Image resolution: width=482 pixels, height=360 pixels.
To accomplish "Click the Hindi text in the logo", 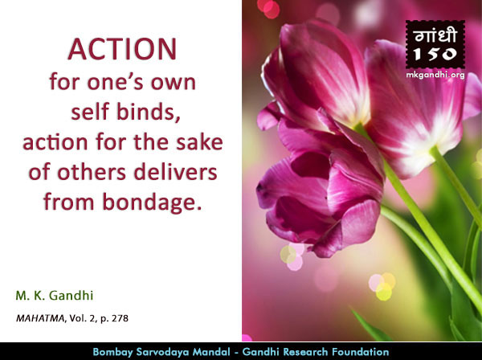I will [435, 35].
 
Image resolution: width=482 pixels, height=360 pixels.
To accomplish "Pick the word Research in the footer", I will [308, 351].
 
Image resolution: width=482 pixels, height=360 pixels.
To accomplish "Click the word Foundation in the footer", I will [363, 351].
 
